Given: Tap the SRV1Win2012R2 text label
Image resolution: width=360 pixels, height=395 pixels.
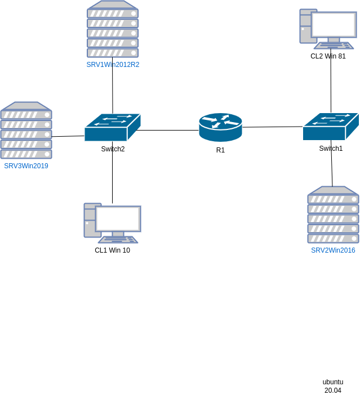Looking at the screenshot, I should point(113,65).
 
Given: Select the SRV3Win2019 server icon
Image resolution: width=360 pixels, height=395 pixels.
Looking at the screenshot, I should point(26,131).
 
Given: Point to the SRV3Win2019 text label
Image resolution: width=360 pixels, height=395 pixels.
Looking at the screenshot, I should point(26,166).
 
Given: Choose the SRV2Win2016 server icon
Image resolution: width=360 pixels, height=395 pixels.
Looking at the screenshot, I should point(333,215).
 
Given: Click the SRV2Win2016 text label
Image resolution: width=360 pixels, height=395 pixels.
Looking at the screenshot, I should point(333,250).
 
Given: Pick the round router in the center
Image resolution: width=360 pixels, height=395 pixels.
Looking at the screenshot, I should point(220,128).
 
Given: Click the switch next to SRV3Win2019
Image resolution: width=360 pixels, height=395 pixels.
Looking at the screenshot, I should point(112,128).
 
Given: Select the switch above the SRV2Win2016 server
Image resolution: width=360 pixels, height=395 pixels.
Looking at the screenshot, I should point(331,127).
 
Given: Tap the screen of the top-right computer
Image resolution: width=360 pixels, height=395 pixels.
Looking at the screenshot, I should point(335,24).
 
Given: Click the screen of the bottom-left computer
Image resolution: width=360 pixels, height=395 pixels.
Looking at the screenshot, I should point(118,219).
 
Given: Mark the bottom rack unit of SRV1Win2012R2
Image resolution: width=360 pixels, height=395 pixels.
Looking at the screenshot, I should point(113,52).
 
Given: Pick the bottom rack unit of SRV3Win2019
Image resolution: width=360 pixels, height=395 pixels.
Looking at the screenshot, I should point(26,154).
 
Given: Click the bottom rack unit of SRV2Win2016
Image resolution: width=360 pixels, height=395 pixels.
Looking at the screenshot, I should point(333,238).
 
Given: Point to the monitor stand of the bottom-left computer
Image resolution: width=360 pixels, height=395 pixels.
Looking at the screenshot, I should point(118,234).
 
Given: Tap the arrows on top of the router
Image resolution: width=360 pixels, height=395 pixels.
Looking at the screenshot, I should point(220,120).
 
